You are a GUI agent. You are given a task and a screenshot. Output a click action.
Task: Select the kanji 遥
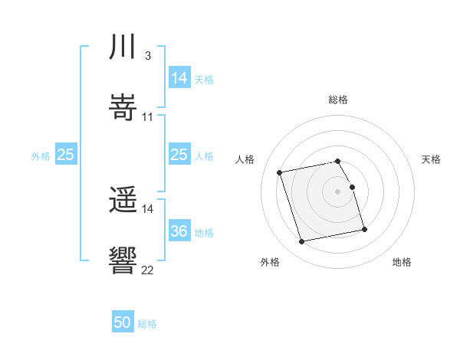pos(123,201)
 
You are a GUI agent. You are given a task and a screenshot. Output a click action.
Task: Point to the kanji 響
pos(123,260)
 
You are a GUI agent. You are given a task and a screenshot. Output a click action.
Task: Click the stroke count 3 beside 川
pos(147,56)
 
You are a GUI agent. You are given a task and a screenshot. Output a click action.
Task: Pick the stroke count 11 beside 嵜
pos(147,117)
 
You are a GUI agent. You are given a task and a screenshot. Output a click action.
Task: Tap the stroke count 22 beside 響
pos(147,270)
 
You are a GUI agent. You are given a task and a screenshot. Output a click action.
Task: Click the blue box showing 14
pos(179,78)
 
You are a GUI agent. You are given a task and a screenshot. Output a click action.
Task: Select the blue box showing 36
pos(179,231)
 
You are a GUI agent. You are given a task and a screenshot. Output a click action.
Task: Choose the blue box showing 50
pos(123,322)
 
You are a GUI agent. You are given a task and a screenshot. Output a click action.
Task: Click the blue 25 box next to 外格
pos(66,155)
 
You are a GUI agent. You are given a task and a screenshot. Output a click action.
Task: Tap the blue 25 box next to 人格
pos(179,155)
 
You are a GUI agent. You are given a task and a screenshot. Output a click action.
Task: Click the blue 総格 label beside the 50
pos(147,324)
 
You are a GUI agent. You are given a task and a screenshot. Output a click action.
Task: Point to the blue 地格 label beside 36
pos(204,233)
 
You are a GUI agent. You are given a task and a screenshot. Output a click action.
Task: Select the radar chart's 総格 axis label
pos(338,100)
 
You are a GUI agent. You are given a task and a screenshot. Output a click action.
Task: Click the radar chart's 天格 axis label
pos(432,159)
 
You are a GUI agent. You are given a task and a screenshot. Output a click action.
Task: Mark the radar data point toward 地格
pos(364,229)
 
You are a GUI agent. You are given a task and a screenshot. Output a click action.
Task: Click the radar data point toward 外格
pos(302,242)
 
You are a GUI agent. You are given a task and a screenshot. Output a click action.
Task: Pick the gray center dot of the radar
pos(338,191)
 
